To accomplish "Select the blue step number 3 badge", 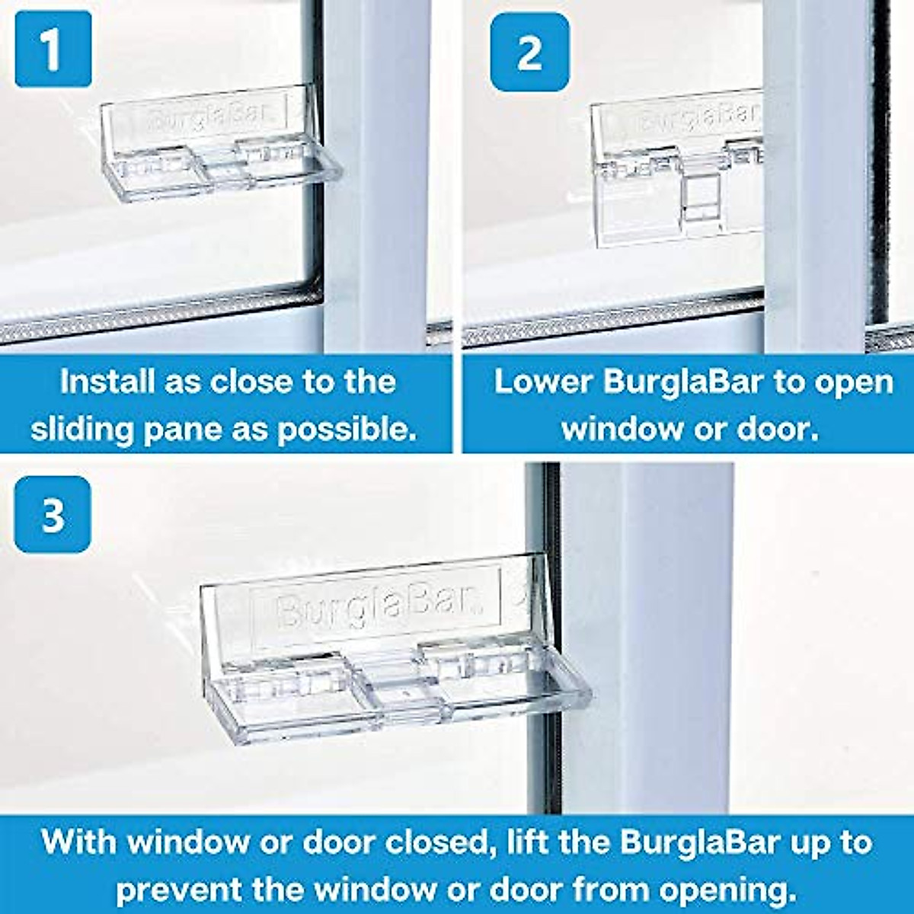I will pyautogui.click(x=53, y=514).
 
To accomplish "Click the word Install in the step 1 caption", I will pyautogui.click(x=106, y=382).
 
